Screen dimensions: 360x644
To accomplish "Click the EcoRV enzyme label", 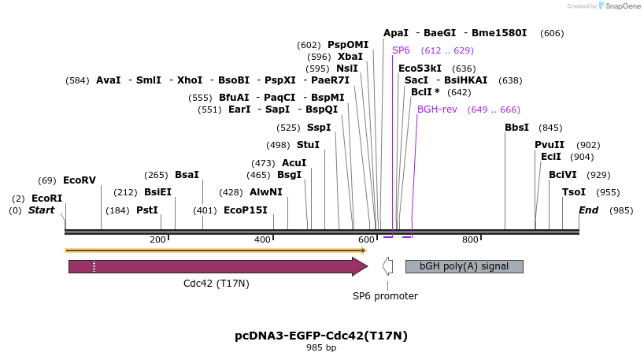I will (79, 180).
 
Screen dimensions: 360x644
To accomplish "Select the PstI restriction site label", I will (147, 210).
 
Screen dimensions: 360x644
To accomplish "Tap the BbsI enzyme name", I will (516, 128).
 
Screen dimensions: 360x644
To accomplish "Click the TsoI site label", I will (573, 192).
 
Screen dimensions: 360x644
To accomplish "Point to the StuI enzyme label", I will (308, 145).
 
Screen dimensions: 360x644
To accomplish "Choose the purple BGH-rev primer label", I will (437, 109).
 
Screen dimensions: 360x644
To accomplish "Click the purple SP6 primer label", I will (401, 50).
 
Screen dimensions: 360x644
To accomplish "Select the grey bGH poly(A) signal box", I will (464, 266).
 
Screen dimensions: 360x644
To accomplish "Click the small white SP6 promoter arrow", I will (387, 266).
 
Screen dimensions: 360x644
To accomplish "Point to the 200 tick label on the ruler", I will (157, 239).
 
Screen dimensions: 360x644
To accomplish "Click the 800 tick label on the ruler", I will (470, 239).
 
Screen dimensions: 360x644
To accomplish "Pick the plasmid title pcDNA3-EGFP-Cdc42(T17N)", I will (321, 336).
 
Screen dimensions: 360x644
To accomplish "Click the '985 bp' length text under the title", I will (321, 348).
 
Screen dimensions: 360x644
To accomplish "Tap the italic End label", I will (588, 210).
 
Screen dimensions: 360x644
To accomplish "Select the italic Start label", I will (42, 210).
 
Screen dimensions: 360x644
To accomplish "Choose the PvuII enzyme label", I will (550, 145).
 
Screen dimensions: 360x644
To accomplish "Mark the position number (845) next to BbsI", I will (550, 128).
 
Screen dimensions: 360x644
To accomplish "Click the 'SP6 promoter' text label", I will (385, 296).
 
